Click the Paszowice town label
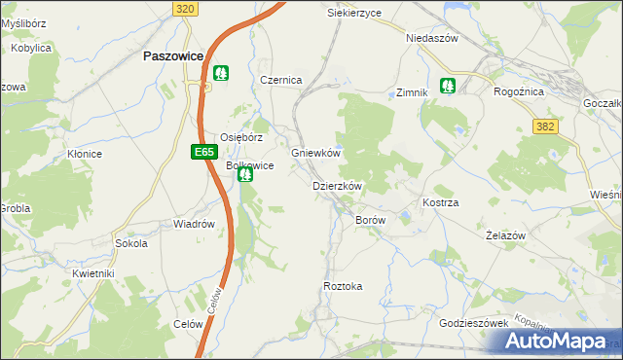point(172,56)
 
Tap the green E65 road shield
point(202,152)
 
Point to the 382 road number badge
point(545,126)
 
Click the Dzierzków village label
point(337,186)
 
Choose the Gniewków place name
point(315,154)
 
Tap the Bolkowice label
point(249,166)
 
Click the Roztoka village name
point(343,286)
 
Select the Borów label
point(371,221)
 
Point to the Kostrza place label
point(440,202)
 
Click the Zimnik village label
point(412,93)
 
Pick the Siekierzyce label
point(353,14)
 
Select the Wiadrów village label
point(194,224)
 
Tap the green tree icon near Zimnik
point(448,86)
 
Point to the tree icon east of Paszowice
point(221,73)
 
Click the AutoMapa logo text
point(559,342)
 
